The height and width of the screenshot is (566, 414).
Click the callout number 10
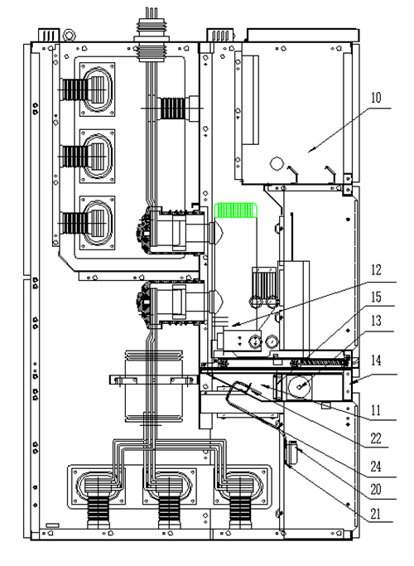(375, 98)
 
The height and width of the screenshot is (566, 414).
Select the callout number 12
(376, 270)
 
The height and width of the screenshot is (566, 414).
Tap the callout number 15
(376, 297)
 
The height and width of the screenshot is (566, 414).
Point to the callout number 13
(376, 320)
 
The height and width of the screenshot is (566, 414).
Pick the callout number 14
(376, 360)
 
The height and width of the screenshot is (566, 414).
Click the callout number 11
(376, 410)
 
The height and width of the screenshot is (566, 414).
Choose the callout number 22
(376, 438)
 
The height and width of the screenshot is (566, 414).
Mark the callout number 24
(376, 467)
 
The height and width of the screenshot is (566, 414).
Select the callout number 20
(376, 490)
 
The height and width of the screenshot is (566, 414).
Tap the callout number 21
(376, 513)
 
